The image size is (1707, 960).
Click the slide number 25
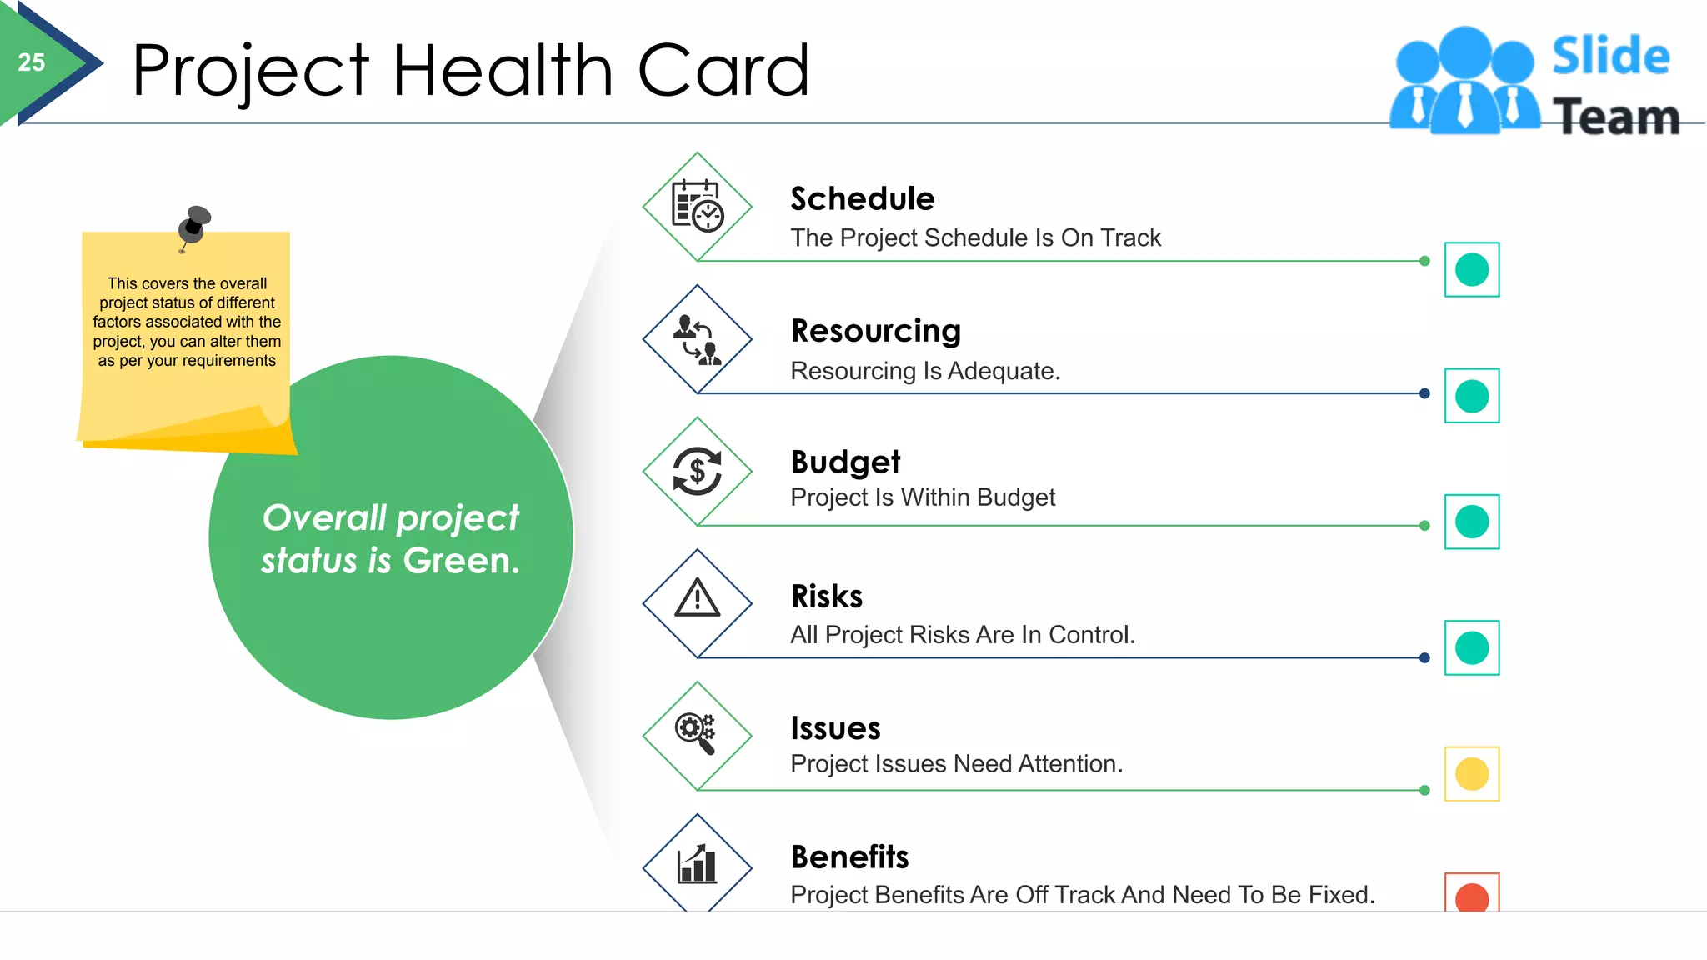[32, 62]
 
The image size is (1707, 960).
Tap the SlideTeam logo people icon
[1464, 82]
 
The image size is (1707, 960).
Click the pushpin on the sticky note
[194, 223]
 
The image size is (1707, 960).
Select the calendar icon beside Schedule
[697, 206]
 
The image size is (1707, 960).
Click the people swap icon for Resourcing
[697, 339]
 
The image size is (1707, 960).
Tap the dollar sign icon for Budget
[697, 472]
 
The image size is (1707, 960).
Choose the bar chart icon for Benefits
[697, 864]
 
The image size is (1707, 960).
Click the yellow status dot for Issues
[1472, 774]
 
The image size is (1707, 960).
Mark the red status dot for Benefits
[1472, 897]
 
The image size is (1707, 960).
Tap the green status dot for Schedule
[1472, 270]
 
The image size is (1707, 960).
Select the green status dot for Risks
[1472, 647]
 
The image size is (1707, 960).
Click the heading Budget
[845, 462]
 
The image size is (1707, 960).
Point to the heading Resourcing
[875, 331]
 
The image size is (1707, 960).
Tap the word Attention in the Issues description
[1069, 764]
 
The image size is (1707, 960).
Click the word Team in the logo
[1616, 117]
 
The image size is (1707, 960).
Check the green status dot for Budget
[1472, 522]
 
